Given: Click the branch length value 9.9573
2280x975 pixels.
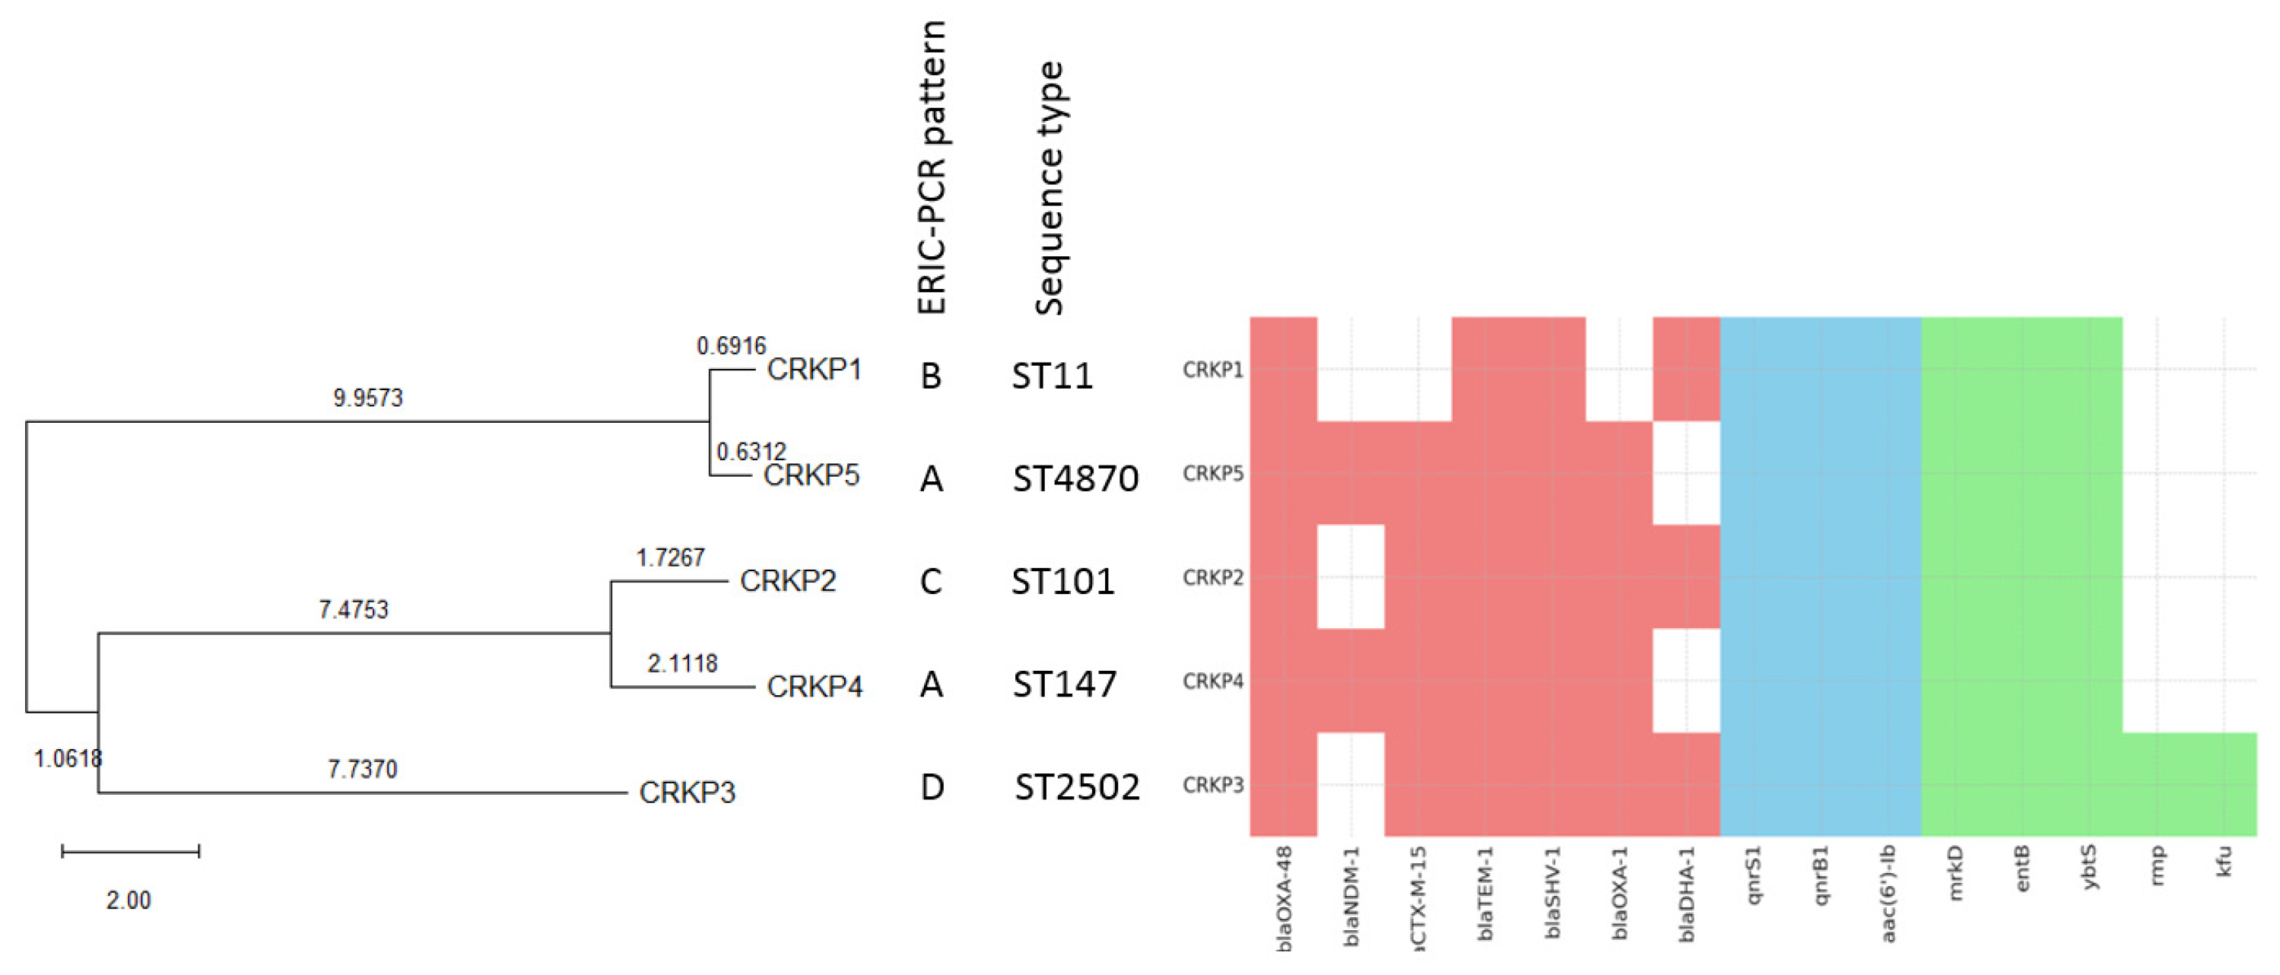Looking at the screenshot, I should (367, 399).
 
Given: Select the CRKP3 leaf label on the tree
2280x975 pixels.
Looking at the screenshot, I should (687, 792).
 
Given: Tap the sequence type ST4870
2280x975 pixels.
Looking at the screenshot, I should (1075, 478).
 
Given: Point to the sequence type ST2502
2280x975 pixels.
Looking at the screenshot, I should (1077, 786).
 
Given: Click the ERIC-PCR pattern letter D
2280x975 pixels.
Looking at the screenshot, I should (931, 786).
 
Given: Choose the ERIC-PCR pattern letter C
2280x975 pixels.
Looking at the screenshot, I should (930, 581).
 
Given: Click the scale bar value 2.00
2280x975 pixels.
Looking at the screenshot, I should (129, 900).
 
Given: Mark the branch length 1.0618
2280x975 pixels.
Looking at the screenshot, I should (68, 758).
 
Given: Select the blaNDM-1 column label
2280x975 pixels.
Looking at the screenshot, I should (1351, 896).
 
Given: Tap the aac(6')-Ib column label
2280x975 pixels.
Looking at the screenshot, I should (1888, 894).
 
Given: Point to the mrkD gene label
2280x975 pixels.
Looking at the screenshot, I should (1955, 873).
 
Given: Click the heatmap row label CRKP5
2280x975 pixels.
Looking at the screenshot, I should (1212, 473).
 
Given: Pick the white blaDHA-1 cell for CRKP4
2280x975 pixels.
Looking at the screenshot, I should (1686, 681).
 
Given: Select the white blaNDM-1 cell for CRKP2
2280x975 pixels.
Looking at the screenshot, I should (1351, 576).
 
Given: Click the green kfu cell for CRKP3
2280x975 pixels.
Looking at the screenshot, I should (2224, 785).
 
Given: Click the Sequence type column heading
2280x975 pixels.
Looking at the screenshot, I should (1049, 189).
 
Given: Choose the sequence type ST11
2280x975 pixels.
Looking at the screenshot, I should (1053, 376).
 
